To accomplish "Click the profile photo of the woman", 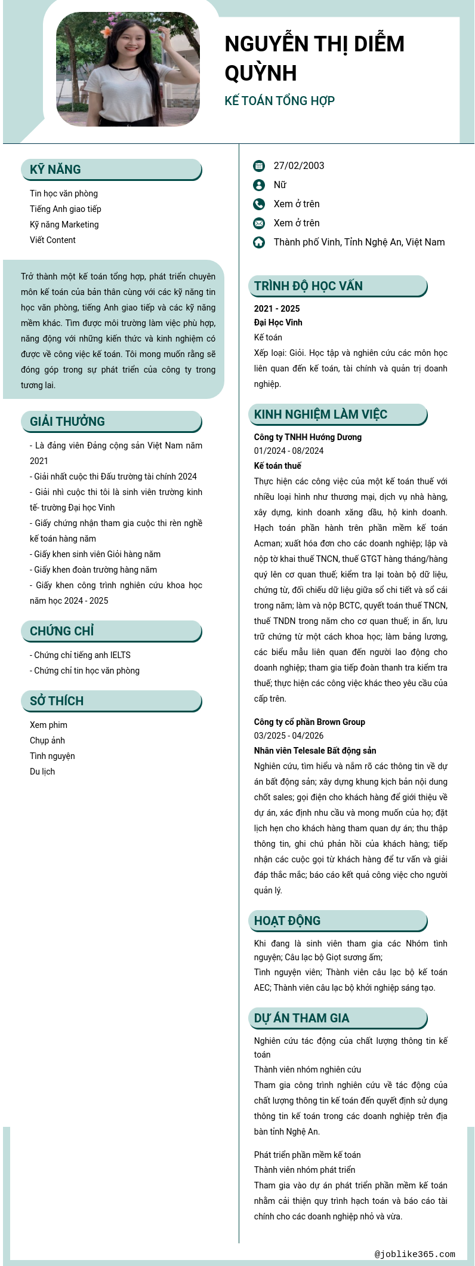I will tap(128, 69).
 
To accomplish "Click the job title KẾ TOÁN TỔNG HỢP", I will tap(279, 101).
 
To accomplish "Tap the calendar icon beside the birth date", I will tap(259, 166).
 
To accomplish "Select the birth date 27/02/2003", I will tap(299, 166).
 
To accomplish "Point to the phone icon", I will tap(259, 204).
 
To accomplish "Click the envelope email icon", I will tap(259, 223).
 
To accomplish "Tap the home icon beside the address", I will tap(259, 242).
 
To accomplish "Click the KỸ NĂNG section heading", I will tap(55, 170).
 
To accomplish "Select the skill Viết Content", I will tap(53, 240).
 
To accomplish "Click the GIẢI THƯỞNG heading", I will tap(67, 422).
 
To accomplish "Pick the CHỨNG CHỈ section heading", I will tap(62, 631).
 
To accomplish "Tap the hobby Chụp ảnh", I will tap(47, 740).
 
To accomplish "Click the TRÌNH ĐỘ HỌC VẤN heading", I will tap(308, 286).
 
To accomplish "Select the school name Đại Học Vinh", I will tap(278, 322).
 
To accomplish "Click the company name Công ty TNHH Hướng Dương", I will tap(308, 437).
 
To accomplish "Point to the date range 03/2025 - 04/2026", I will tap(289, 736).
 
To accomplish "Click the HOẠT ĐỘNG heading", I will tap(287, 921).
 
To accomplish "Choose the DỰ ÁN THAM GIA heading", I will tap(301, 1018).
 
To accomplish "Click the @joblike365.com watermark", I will tap(415, 1254).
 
